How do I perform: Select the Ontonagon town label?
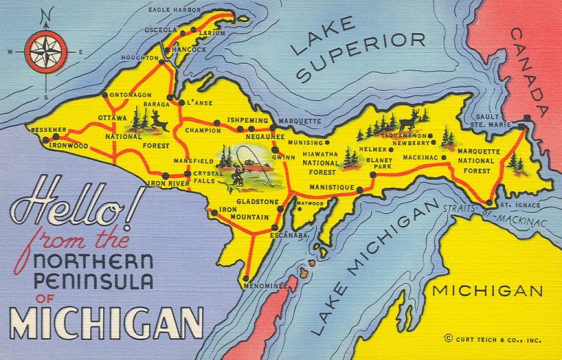(131, 95)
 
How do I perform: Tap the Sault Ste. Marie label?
(492, 121)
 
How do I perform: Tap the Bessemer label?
(47, 130)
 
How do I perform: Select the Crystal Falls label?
(209, 178)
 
